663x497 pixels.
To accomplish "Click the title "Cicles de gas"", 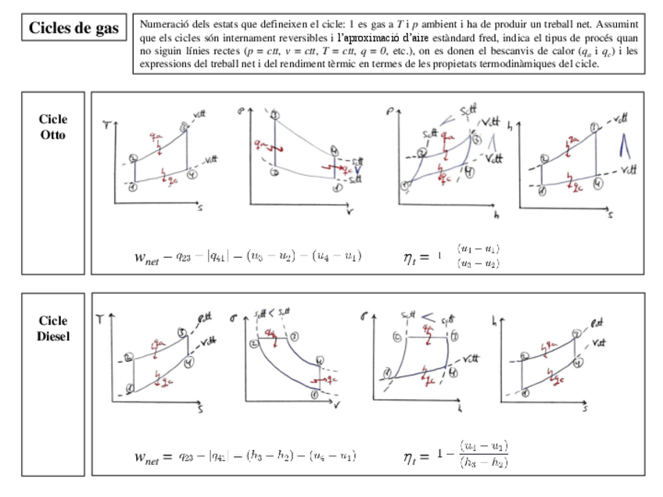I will tap(74, 29).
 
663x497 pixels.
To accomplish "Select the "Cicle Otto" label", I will tap(53, 127).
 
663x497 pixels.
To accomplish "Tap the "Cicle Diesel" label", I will tap(53, 328).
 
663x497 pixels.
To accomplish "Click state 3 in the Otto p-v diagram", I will tap(274, 116).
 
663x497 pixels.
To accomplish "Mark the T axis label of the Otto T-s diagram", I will tap(106, 124).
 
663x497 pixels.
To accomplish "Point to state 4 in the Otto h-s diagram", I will tap(598, 184).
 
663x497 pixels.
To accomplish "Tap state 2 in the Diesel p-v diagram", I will tap(254, 343).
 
